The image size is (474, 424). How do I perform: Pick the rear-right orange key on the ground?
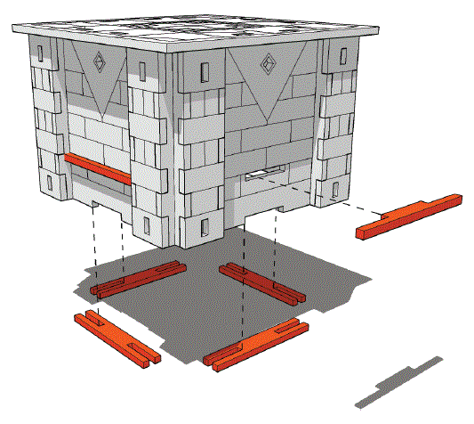[263, 284]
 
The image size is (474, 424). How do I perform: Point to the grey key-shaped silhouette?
[398, 381]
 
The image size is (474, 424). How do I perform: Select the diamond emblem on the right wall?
[266, 64]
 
